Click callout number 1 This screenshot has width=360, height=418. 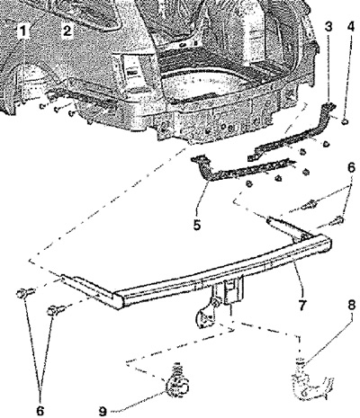[23, 31]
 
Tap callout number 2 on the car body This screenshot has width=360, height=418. [67, 31]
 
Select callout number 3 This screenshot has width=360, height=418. [328, 27]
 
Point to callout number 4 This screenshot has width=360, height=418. [350, 27]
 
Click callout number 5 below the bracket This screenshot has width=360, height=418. [196, 225]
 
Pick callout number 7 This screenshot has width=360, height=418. [301, 305]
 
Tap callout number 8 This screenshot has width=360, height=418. [351, 306]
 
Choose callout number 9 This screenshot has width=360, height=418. [103, 411]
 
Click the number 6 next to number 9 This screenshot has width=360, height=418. [40, 411]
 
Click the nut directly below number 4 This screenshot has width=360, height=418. [345, 121]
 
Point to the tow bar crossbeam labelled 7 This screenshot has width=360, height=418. [222, 272]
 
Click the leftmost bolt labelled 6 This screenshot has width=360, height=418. [25, 292]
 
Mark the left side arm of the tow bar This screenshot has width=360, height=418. [87, 285]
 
